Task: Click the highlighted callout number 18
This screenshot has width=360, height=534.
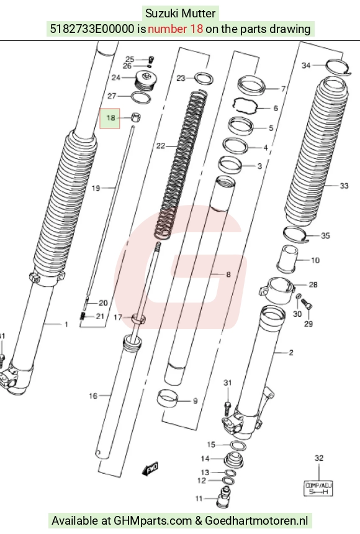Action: tap(110, 118)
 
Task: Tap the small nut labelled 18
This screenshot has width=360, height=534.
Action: tap(136, 117)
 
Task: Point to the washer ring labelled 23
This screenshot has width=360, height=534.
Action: tap(204, 79)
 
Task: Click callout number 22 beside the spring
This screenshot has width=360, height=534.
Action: tap(160, 146)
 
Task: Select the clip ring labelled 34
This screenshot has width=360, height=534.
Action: tap(337, 67)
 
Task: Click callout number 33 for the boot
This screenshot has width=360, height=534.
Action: tap(344, 186)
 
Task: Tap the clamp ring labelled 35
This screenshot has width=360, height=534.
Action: tap(295, 234)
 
